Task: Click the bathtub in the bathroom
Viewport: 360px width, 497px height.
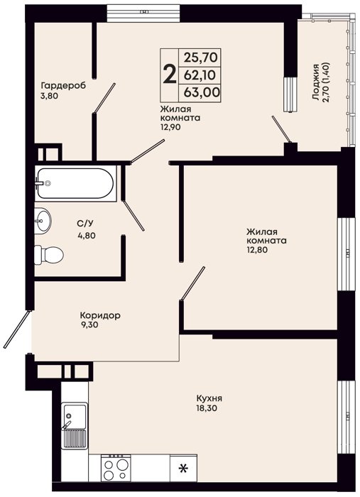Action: [75, 183]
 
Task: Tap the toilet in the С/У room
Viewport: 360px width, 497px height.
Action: [49, 254]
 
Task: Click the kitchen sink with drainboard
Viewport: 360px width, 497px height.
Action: [75, 425]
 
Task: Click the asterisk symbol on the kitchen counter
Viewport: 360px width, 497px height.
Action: [182, 468]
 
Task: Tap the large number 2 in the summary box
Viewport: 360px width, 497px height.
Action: [170, 74]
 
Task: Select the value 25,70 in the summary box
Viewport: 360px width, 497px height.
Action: [201, 58]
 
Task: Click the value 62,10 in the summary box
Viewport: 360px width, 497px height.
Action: [200, 75]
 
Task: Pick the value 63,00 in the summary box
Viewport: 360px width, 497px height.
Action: [202, 92]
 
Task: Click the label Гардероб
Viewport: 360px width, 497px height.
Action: [63, 86]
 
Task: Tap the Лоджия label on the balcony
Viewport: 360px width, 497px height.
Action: [315, 82]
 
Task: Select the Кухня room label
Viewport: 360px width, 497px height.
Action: [209, 398]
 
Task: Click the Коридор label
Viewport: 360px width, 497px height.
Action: [100, 316]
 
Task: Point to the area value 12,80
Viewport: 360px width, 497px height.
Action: [257, 250]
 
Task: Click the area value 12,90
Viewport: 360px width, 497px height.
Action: [171, 127]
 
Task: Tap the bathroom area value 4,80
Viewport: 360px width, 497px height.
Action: [87, 236]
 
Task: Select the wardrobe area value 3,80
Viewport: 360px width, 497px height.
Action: [49, 96]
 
